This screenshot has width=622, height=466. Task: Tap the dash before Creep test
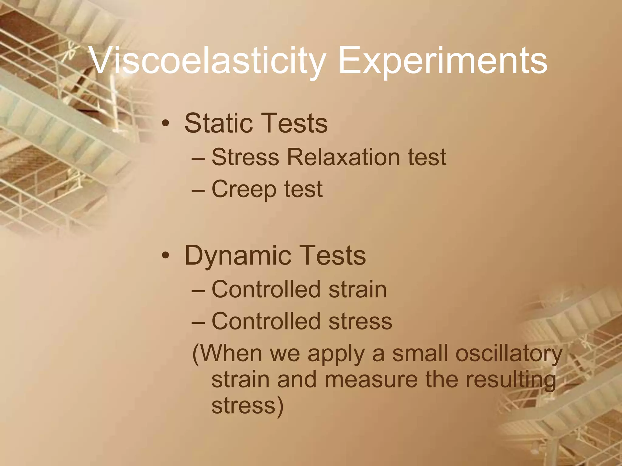pos(199,190)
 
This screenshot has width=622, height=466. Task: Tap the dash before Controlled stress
pos(199,321)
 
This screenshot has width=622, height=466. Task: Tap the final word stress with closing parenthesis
pos(247,406)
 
